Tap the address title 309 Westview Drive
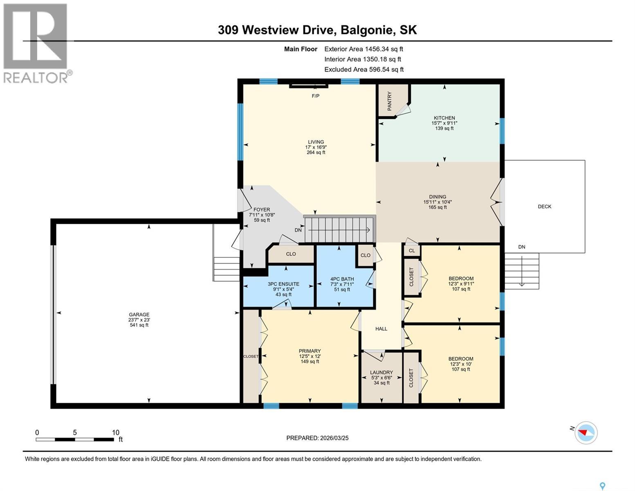tap(317, 30)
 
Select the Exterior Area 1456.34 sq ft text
tap(363, 49)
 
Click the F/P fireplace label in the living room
tap(315, 96)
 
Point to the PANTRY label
tap(389, 101)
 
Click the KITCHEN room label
tap(444, 118)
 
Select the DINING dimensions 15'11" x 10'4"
tap(438, 202)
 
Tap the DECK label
tap(544, 207)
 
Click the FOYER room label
tap(262, 209)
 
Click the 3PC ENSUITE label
tap(283, 284)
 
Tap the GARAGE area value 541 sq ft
tap(139, 325)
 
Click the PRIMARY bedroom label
tap(310, 351)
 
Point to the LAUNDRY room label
tap(381, 372)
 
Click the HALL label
tap(381, 329)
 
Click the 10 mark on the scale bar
tap(115, 432)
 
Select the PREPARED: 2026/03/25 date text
tap(317, 438)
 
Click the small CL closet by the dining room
tap(411, 251)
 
